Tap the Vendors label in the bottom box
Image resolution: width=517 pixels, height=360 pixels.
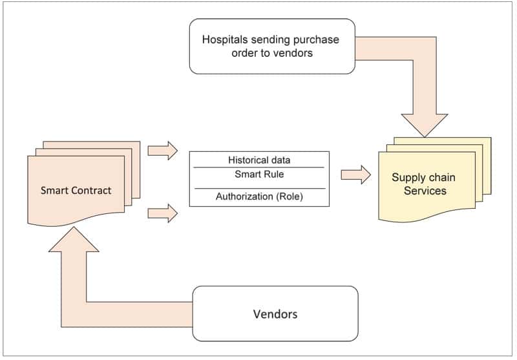pyautogui.click(x=275, y=314)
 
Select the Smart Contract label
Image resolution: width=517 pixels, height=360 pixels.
pyautogui.click(x=76, y=190)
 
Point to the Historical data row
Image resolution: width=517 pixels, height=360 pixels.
pyautogui.click(x=259, y=160)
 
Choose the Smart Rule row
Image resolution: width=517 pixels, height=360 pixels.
pyautogui.click(x=259, y=174)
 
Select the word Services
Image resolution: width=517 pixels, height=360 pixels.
pyautogui.click(x=425, y=191)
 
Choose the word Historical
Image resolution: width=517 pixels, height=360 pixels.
pyautogui.click(x=246, y=160)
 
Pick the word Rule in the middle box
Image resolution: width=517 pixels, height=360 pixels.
pyautogui.click(x=273, y=174)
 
